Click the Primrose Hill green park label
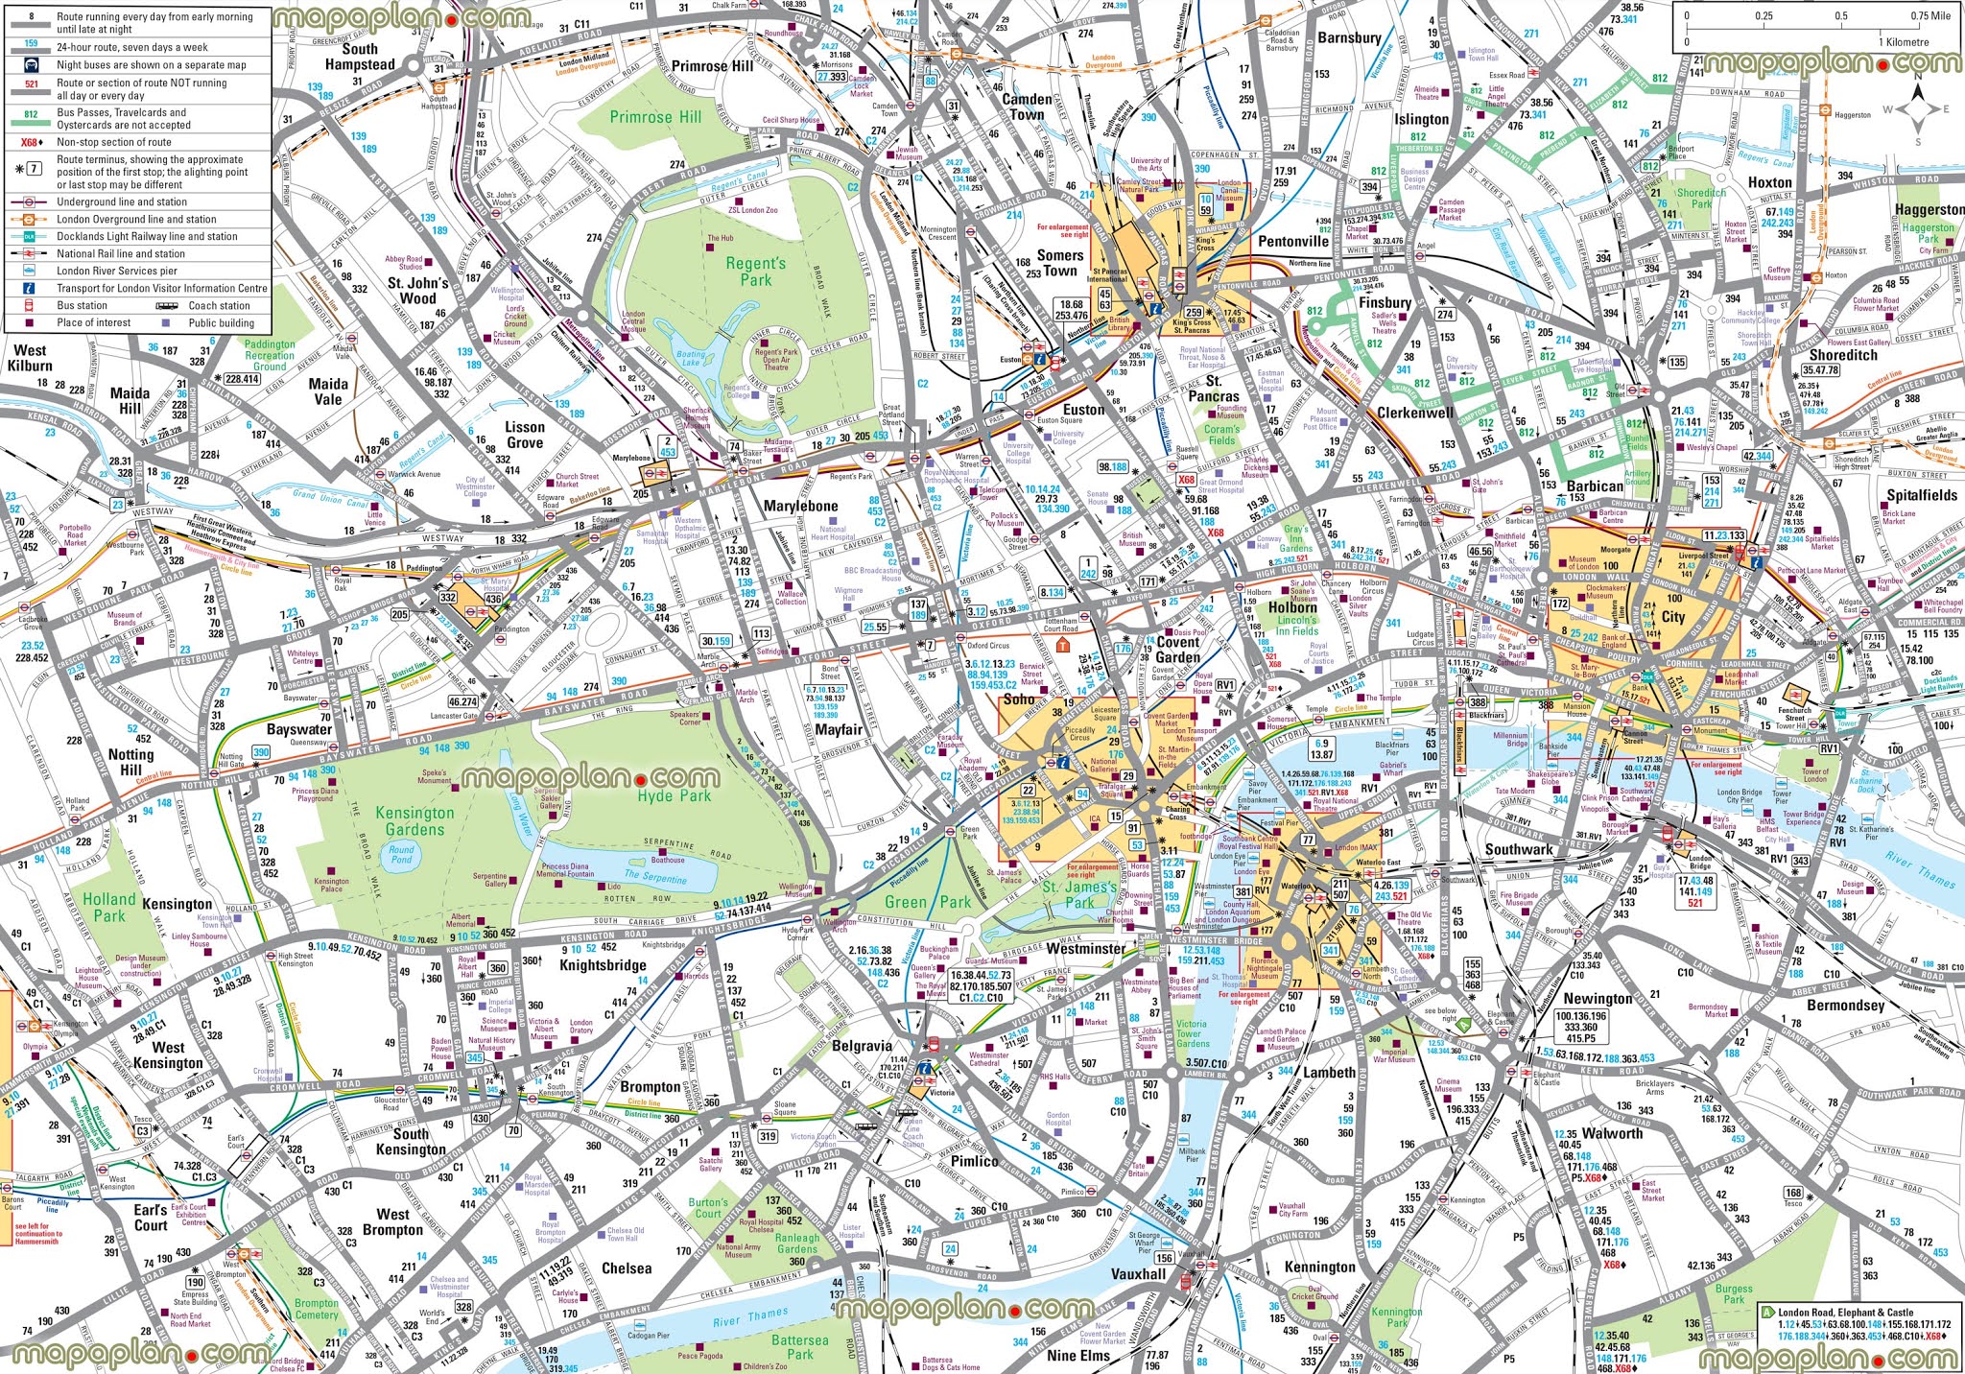[x=655, y=117]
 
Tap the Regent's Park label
[x=755, y=272]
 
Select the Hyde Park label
[x=675, y=795]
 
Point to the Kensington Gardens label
[x=414, y=821]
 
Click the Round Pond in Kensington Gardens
[x=401, y=854]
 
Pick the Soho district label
[x=1019, y=699]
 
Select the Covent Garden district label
[x=1177, y=650]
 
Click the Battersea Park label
[x=799, y=1347]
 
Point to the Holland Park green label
[x=108, y=907]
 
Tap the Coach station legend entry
[x=219, y=306]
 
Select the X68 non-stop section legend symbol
[x=32, y=142]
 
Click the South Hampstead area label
[x=360, y=57]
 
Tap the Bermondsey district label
[x=1845, y=1006]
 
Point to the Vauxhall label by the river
[x=1138, y=1274]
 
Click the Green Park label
[x=927, y=902]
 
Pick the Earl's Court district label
[x=151, y=1218]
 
